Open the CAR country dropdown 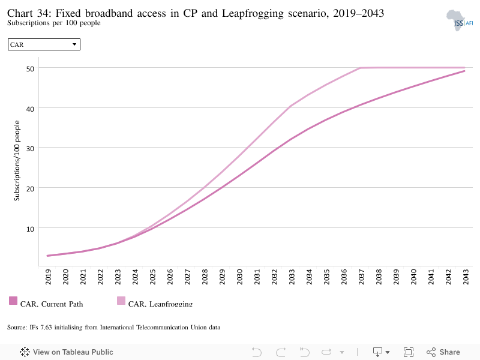tap(44, 44)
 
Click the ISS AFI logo tap(460, 20)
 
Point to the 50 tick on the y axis tap(30, 69)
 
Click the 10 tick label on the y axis tap(30, 229)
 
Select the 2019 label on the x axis tap(49, 277)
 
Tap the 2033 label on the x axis tap(292, 277)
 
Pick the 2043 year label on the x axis tap(466, 277)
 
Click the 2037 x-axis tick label tap(361, 277)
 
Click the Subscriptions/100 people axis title tap(17, 160)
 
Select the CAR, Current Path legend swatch tap(13, 301)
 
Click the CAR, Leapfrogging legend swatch tap(121, 301)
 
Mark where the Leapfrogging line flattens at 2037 tap(361, 68)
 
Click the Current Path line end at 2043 tap(464, 71)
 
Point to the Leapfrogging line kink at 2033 tap(290, 106)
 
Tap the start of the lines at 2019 tap(47, 256)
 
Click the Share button tap(443, 352)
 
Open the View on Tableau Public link tap(67, 352)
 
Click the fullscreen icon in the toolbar tap(409, 352)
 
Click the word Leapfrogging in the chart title tap(253, 13)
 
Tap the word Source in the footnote tap(17, 327)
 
